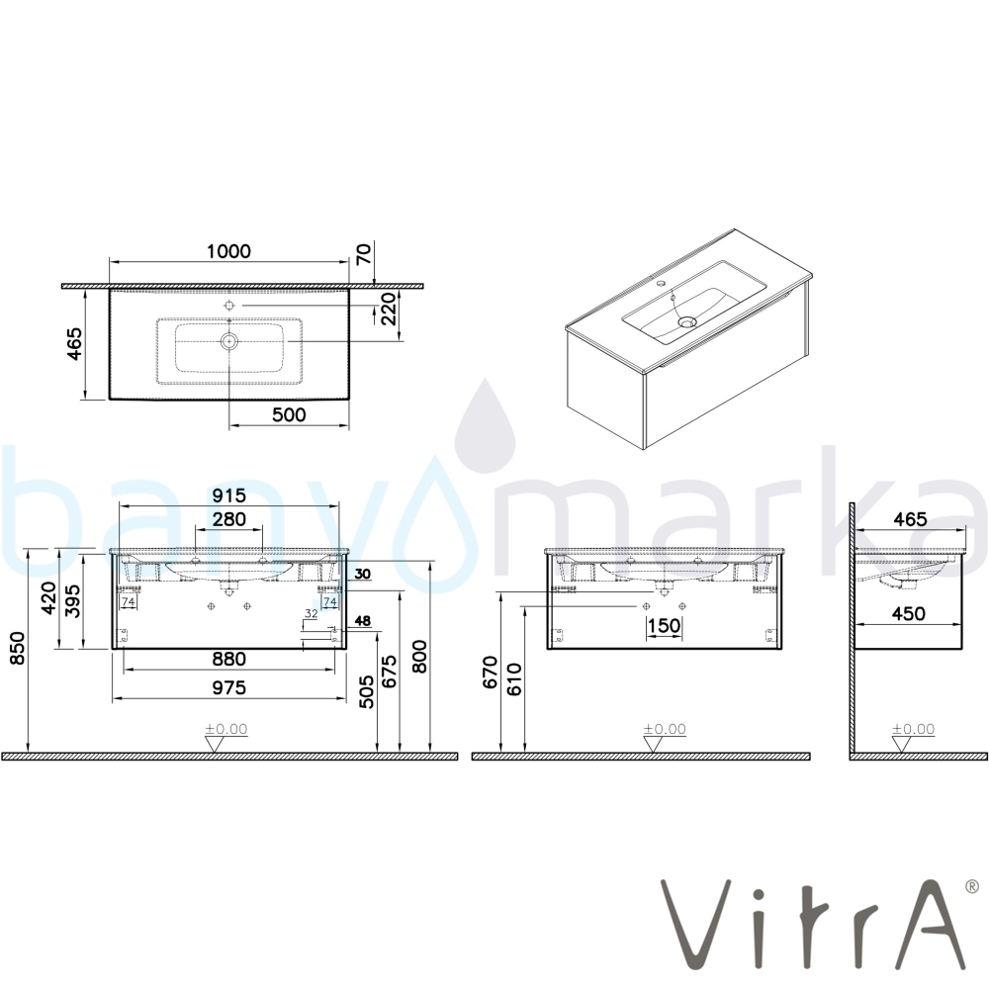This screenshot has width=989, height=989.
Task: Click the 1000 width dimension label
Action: coord(229,251)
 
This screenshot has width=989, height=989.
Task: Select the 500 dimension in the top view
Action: coord(289,414)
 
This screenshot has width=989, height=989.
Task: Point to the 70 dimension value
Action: coord(365,255)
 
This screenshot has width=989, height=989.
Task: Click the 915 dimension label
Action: coord(229,495)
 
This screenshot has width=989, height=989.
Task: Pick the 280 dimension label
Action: coord(229,519)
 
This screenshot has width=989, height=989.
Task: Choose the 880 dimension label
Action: coord(229,659)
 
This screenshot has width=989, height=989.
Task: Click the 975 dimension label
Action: coord(229,687)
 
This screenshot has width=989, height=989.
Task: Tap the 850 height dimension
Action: coord(17,647)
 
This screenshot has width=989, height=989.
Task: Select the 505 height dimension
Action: coord(367,692)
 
